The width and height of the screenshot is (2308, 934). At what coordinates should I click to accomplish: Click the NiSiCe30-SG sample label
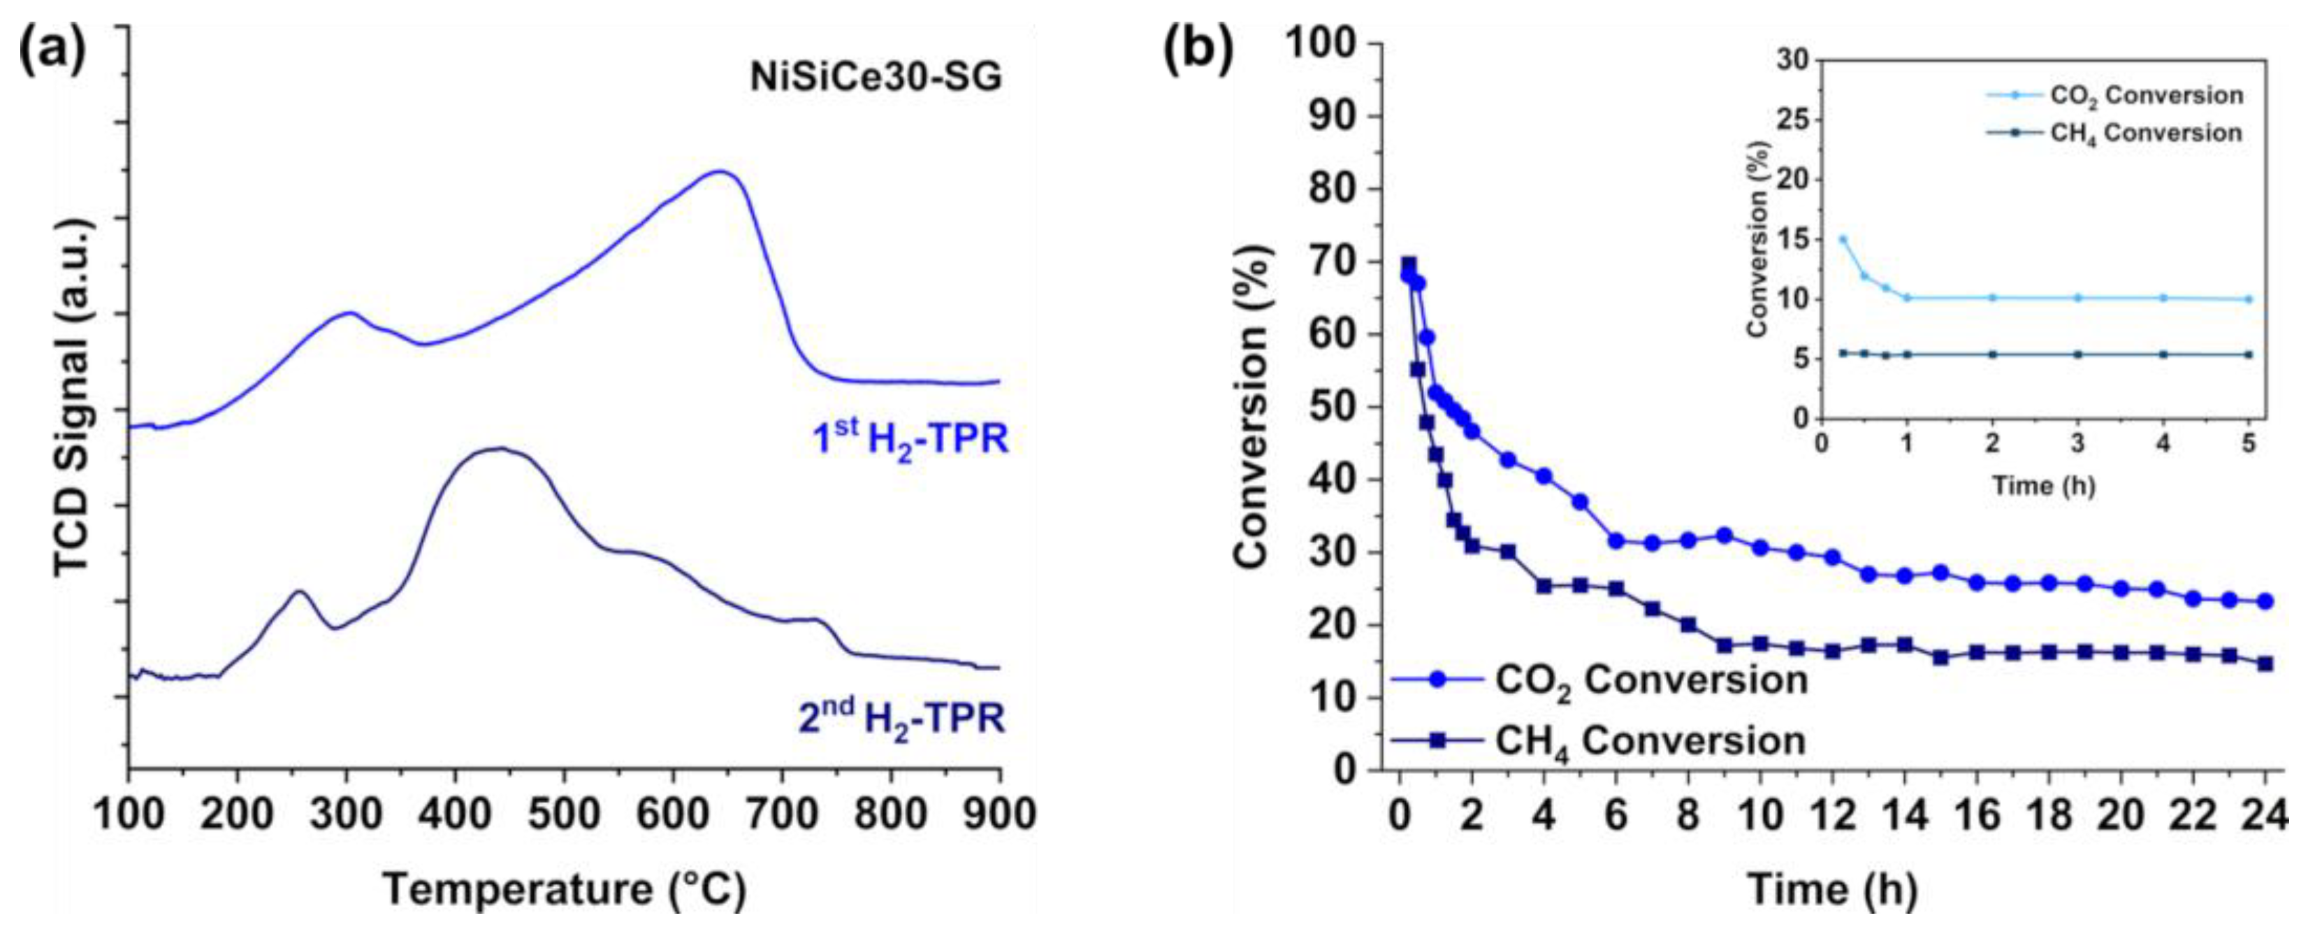(x=876, y=79)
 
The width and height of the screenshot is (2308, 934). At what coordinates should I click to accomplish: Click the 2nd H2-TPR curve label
(x=901, y=719)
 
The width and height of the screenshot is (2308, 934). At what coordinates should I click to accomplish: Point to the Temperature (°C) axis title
(x=564, y=890)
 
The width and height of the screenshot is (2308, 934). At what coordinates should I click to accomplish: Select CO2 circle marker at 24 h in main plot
(x=2265, y=601)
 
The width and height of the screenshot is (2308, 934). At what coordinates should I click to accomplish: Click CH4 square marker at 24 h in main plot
(x=2265, y=664)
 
